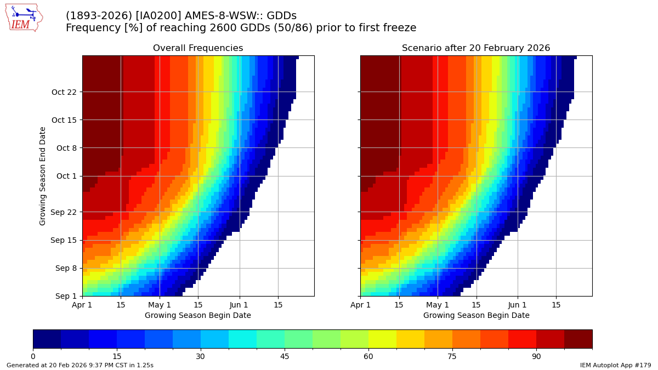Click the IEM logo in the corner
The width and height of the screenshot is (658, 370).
(24, 18)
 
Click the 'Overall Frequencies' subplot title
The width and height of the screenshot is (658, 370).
(198, 48)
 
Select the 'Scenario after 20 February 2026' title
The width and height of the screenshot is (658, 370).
(476, 48)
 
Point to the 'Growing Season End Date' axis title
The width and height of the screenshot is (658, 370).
(43, 176)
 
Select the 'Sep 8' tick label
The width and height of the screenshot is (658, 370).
(67, 269)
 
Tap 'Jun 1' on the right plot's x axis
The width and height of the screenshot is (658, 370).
(517, 305)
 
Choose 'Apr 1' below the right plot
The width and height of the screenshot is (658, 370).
(360, 305)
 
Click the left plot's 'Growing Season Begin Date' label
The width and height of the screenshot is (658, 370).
(198, 315)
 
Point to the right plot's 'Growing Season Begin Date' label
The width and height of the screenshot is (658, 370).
(476, 315)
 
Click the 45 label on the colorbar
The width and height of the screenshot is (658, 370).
(285, 356)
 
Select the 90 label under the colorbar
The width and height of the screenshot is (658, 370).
(536, 356)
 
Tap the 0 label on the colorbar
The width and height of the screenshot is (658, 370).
(33, 356)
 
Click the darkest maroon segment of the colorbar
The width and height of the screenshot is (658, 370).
(578, 339)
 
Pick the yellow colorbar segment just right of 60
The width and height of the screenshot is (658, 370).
(382, 339)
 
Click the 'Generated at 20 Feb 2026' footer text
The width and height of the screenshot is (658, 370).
(80, 365)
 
